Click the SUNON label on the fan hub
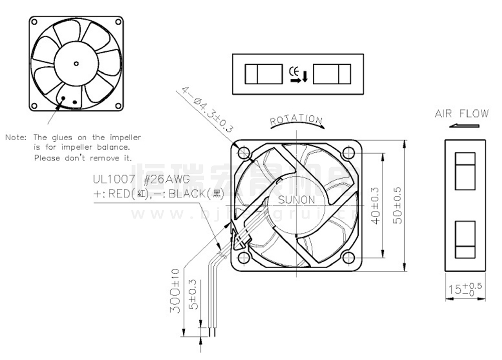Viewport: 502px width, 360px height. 297,200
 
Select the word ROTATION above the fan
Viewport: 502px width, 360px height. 296,120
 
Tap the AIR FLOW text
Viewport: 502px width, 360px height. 461,113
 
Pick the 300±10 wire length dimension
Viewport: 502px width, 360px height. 174,291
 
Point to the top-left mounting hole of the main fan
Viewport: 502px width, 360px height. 244,152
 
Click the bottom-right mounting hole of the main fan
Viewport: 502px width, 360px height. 348,258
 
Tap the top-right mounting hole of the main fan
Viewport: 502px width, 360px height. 348,152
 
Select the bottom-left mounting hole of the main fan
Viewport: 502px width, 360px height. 244,258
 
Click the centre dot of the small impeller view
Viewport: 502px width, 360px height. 76,63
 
